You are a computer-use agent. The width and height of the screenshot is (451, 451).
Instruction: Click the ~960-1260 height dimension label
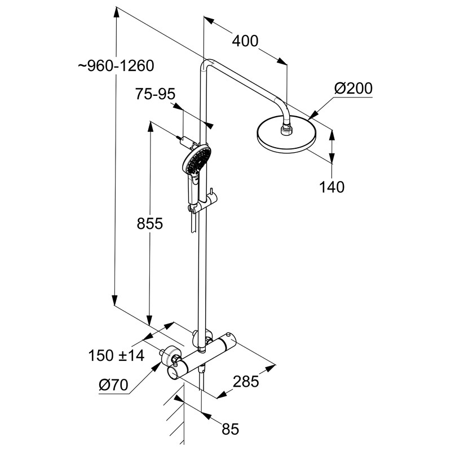(116, 66)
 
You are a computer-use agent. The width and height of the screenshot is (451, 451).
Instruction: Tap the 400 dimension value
(247, 41)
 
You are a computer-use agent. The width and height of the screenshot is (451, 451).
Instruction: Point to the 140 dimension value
(331, 187)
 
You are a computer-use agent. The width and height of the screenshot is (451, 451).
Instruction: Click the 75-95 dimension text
(155, 95)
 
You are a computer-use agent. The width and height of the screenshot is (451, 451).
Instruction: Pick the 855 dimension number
(150, 224)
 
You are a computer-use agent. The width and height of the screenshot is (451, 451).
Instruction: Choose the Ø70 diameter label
(113, 386)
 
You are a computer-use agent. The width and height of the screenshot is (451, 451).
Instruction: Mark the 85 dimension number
(230, 430)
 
